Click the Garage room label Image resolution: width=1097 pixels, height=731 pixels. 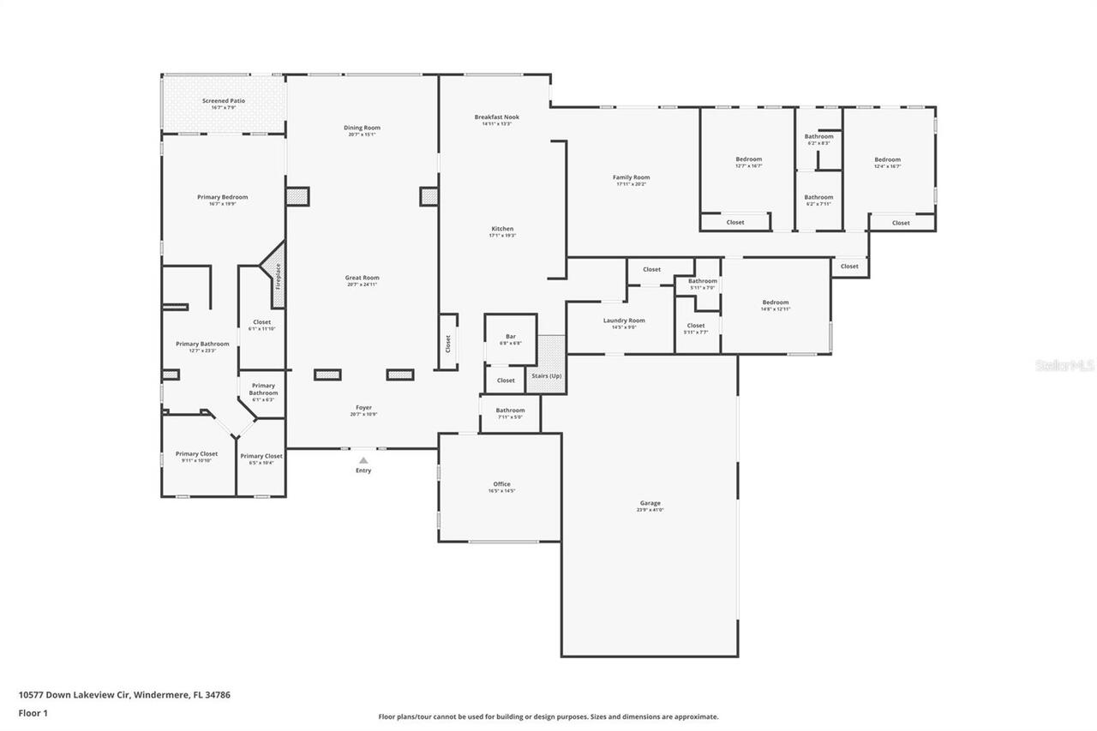[x=650, y=503]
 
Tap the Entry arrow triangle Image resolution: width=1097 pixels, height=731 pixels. [x=363, y=460]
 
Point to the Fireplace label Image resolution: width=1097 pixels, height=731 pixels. [x=278, y=277]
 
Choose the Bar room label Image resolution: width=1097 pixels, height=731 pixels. [x=510, y=337]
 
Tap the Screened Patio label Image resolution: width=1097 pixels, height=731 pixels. [x=224, y=101]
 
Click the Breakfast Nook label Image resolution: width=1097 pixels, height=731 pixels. [x=497, y=117]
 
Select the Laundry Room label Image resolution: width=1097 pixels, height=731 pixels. [x=624, y=321]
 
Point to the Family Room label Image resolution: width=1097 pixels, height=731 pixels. [x=631, y=177]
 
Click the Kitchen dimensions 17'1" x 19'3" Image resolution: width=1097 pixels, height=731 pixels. [x=502, y=236]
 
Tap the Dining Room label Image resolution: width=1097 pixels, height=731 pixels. [x=362, y=128]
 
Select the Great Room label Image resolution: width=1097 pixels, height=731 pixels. [x=362, y=278]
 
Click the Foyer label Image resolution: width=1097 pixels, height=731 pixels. [x=363, y=408]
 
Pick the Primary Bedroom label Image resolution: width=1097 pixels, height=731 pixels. [x=222, y=197]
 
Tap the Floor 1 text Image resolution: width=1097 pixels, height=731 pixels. [x=33, y=712]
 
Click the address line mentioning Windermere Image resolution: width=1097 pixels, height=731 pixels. [x=124, y=695]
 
